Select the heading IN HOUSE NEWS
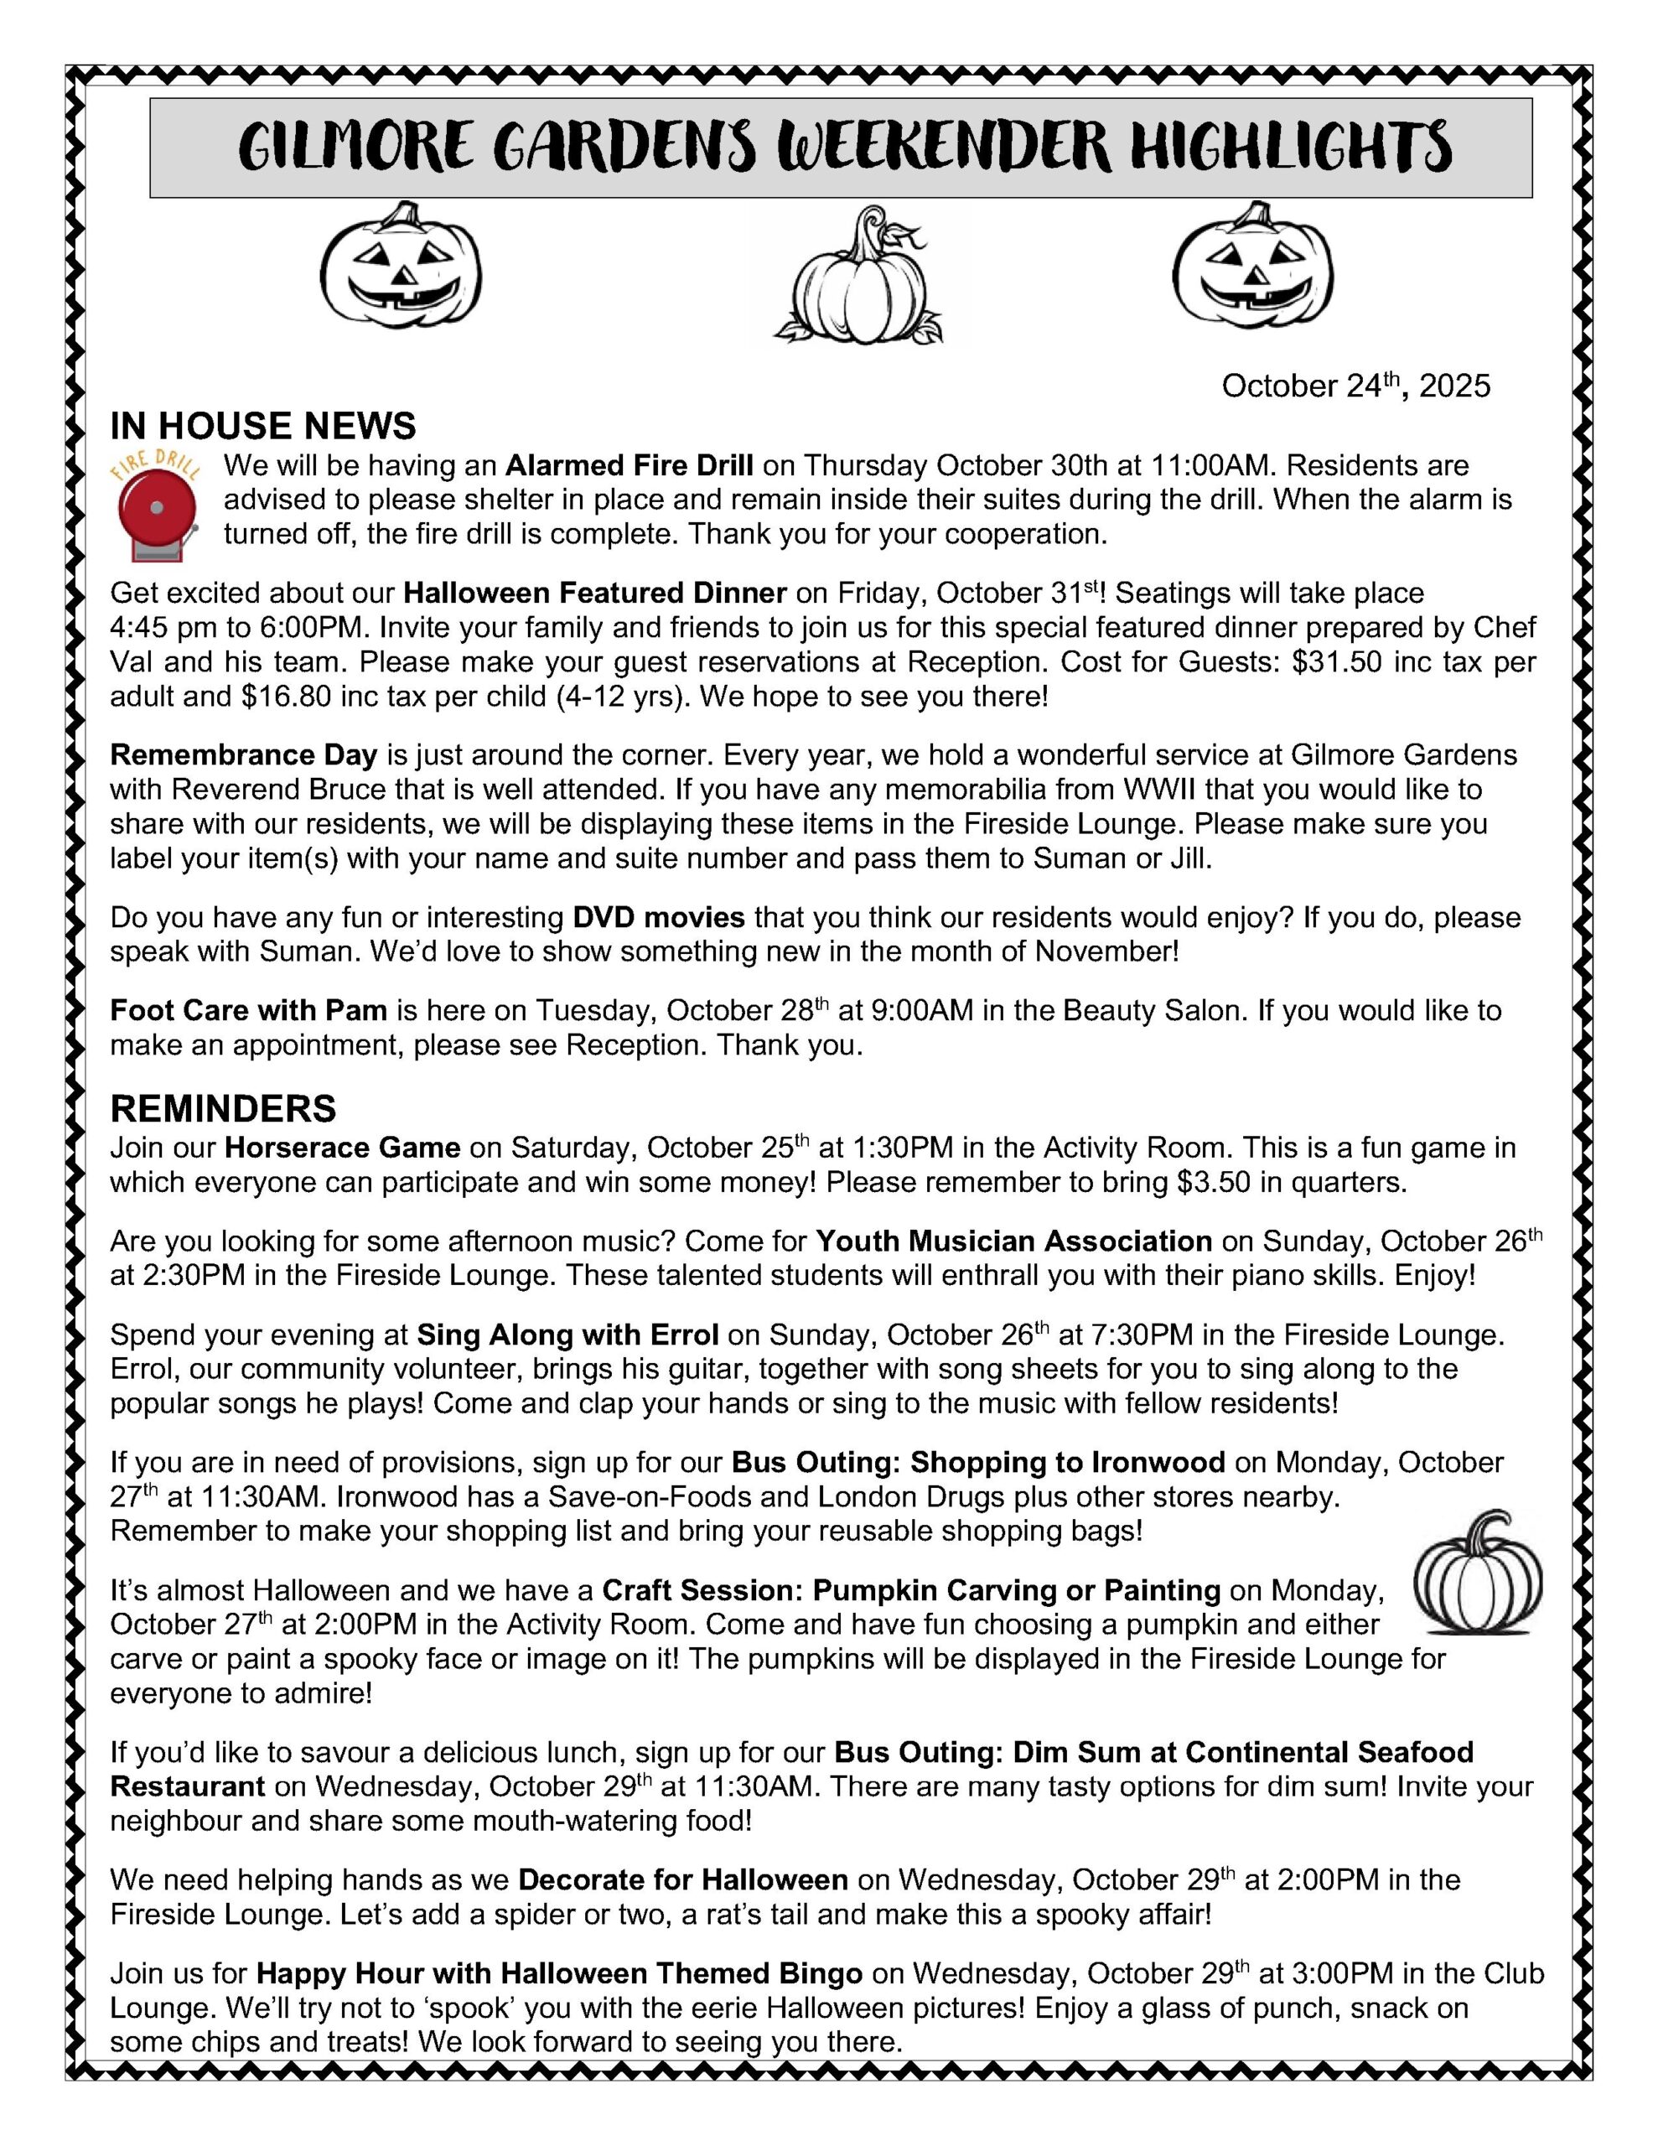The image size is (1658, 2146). [262, 427]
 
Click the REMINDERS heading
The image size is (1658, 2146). [223, 1108]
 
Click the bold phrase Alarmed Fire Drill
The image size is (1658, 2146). [629, 464]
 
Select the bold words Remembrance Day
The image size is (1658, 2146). [244, 754]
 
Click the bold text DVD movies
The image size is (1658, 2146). [659, 918]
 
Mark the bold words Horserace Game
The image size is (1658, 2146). [342, 1148]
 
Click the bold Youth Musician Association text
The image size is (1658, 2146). [1013, 1241]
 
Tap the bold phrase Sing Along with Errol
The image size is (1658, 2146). [567, 1335]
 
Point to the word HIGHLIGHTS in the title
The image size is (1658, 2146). [1290, 148]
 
